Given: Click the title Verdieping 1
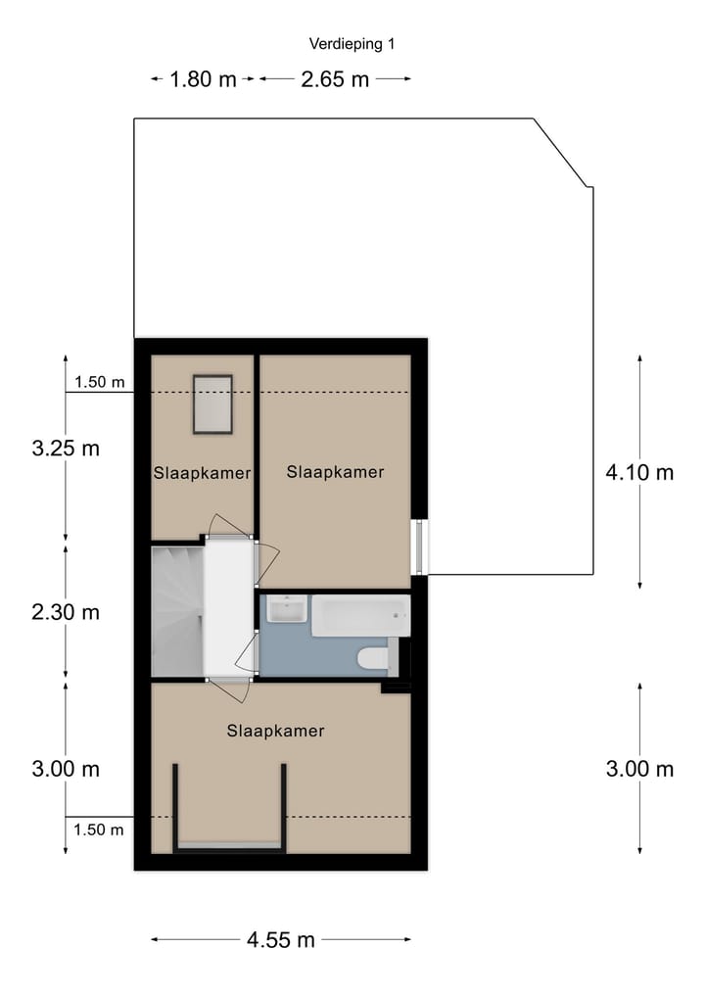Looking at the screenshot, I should tap(352, 43).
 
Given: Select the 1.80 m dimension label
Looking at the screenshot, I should tap(203, 79).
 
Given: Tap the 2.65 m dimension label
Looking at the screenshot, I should tap(335, 79).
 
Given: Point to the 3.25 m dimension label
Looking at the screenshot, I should tap(66, 449).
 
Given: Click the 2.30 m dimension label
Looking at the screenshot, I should tap(66, 612).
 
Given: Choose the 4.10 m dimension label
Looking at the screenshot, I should tap(639, 472).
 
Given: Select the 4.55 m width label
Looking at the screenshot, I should tap(281, 940).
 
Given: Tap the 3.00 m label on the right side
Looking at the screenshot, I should tap(639, 769).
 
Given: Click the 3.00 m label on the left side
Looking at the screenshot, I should tap(66, 769).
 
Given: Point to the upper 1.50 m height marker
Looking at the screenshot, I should tap(99, 383).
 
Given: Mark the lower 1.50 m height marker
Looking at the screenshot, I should tap(99, 830).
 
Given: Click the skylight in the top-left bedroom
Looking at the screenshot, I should tap(211, 403).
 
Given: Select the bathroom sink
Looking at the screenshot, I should tap(286, 610).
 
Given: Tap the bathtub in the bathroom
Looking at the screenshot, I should tap(359, 615).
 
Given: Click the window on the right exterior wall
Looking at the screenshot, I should tap(419, 546).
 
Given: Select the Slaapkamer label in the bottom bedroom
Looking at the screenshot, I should tap(275, 731).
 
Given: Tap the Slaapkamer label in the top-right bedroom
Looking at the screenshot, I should tap(335, 472).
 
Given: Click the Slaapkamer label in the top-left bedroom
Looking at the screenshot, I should tap(202, 473).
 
